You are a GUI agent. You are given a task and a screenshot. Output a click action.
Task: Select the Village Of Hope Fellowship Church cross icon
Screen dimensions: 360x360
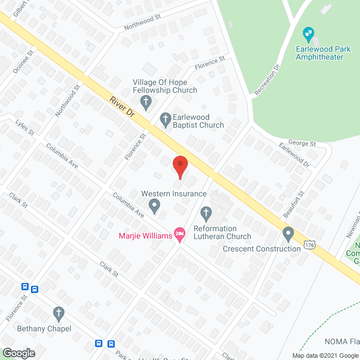click(146, 102)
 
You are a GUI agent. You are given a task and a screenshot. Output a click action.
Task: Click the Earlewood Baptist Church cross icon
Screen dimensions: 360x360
click(165, 118)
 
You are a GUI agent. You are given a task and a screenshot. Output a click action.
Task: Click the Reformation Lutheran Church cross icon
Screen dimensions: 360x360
click(206, 213)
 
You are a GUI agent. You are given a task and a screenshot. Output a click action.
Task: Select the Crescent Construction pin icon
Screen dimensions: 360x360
click(289, 233)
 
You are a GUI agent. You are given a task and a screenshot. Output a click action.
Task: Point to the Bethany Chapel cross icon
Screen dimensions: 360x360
click(58, 313)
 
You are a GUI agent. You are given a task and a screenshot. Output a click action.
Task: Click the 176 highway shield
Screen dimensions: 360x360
click(308, 245)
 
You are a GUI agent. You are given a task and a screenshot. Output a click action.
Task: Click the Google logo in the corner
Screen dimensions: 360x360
click(18, 353)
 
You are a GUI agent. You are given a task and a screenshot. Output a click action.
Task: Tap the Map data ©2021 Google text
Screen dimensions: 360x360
click(323, 355)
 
